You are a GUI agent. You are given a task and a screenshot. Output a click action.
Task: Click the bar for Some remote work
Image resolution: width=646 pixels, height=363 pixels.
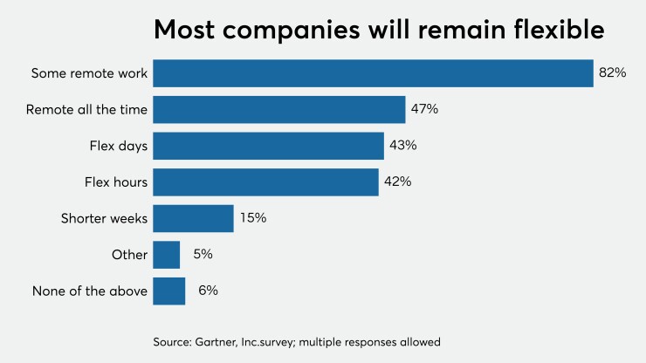tap(373, 73)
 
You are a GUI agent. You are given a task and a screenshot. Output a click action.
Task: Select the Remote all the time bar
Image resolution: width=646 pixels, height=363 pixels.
tap(278, 110)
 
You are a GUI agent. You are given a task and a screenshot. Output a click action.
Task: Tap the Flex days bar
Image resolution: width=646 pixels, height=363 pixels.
tap(268, 146)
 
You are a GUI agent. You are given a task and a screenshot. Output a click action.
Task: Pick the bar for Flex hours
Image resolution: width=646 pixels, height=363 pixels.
tap(265, 182)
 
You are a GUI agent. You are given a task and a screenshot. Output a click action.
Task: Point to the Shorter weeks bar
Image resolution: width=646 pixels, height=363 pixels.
tap(193, 218)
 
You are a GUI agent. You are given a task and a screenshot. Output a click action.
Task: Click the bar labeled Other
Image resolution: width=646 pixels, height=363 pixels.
tap(166, 255)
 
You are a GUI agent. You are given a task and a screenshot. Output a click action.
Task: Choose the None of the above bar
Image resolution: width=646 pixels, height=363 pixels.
tap(168, 291)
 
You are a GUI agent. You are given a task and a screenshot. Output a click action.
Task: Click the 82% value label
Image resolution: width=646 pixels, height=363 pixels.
tap(612, 73)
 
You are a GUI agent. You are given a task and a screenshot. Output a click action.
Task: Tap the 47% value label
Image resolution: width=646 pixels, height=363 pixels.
tap(424, 110)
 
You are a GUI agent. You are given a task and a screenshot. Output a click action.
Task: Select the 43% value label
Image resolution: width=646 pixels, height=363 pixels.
tap(402, 146)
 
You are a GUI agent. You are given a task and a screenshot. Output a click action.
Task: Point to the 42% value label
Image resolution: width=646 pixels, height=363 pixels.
tap(397, 182)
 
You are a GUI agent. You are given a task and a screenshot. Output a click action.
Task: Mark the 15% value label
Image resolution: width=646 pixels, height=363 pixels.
tap(252, 218)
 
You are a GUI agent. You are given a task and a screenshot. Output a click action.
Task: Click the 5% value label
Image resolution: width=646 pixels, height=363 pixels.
tap(202, 255)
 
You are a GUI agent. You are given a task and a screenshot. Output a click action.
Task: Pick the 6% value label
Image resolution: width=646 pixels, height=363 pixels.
tap(207, 291)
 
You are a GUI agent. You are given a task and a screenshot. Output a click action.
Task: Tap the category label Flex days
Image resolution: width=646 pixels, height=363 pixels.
tap(119, 146)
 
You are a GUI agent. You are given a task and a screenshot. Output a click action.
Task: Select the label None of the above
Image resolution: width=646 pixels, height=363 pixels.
tap(90, 291)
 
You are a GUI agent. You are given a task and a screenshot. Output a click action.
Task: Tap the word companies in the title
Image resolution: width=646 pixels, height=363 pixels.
tap(291, 31)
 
